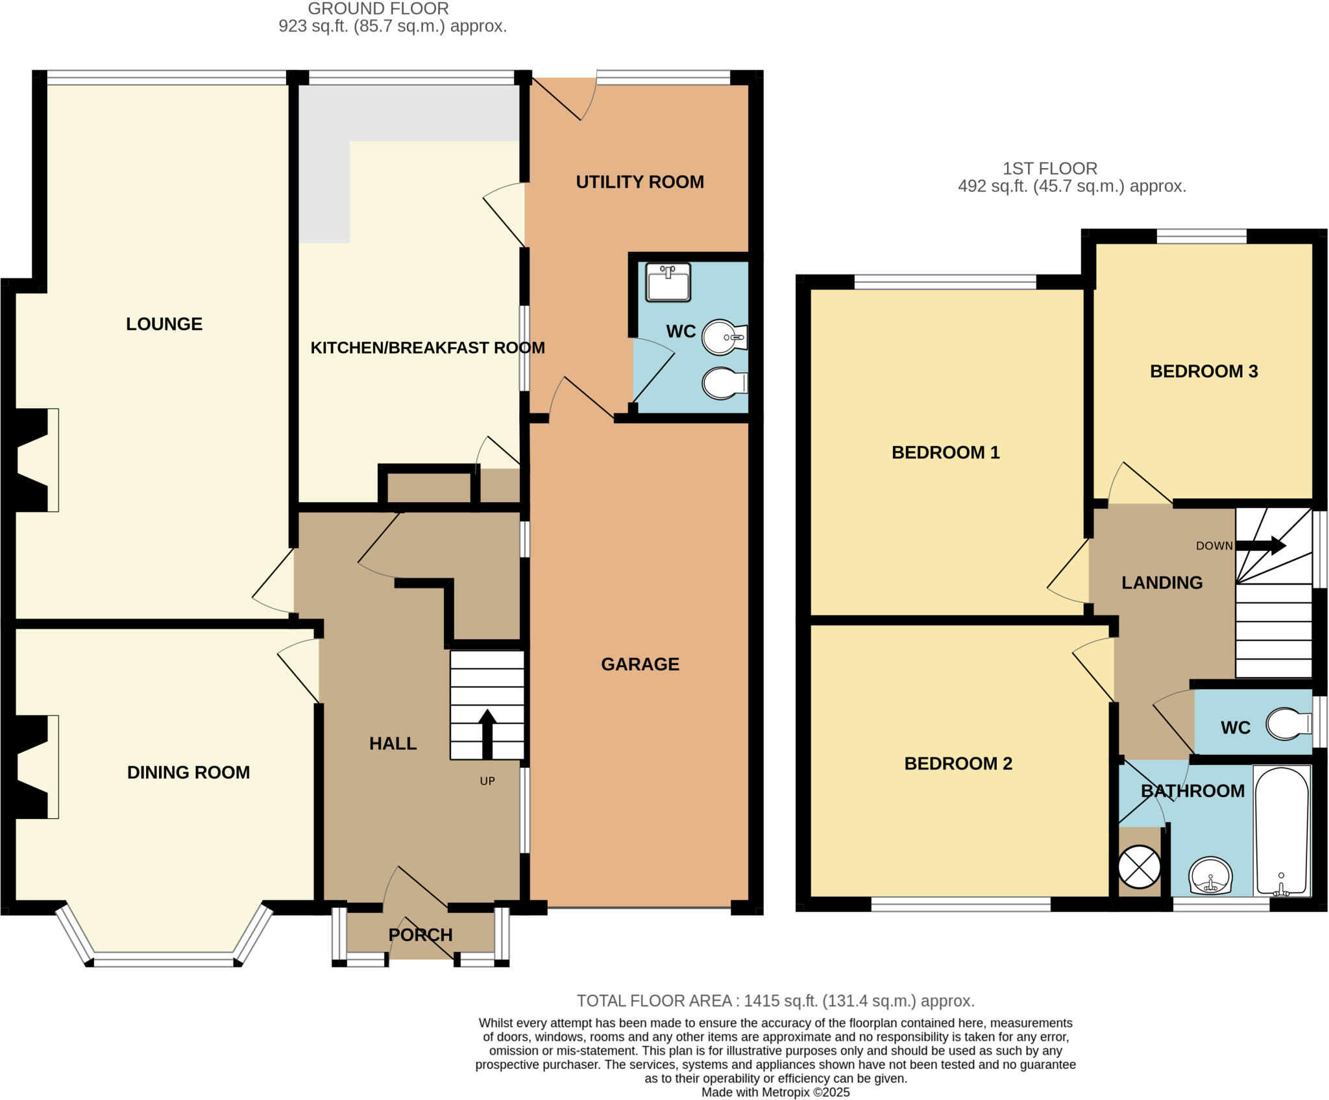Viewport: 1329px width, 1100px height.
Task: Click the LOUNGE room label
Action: tap(164, 324)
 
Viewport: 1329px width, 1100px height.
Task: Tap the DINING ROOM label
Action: tap(188, 772)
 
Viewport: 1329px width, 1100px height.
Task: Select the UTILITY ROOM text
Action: tap(640, 182)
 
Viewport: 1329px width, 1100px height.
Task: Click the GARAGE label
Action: tap(640, 664)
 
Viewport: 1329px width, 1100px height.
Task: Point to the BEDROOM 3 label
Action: tap(1204, 371)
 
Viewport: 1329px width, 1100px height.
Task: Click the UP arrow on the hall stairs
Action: tap(487, 733)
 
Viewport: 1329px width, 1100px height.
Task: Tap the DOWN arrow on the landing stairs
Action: tap(1262, 545)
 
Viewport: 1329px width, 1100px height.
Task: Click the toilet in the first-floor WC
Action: tap(1288, 724)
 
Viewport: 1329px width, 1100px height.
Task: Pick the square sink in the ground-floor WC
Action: tap(668, 283)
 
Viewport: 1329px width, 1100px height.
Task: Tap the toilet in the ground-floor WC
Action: tap(724, 384)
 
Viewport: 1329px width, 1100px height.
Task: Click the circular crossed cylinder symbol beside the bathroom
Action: tap(1140, 867)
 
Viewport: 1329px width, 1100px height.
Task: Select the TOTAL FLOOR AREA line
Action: tap(775, 1001)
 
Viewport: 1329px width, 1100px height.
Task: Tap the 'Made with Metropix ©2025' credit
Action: tap(775, 1092)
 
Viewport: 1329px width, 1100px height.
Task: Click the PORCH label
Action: tap(421, 935)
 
